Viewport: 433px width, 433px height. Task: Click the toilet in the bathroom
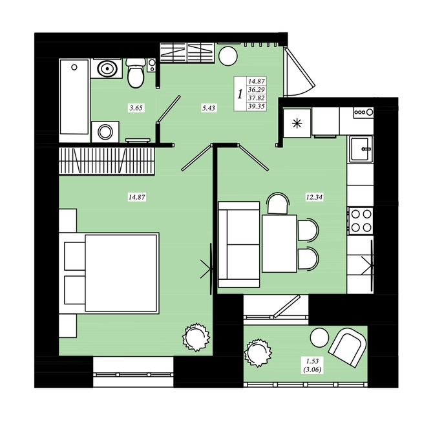(136, 72)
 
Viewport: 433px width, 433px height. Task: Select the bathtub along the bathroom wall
(74, 97)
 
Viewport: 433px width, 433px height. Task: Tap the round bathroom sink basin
(107, 69)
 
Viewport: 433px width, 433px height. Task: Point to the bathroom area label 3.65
(136, 108)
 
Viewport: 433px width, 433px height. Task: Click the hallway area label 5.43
(209, 108)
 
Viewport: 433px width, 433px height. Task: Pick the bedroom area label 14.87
(137, 197)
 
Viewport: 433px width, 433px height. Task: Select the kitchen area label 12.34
(314, 197)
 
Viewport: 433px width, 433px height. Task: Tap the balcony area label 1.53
(312, 361)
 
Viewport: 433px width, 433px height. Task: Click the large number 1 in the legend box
(240, 94)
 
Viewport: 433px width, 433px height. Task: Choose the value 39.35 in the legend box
(257, 107)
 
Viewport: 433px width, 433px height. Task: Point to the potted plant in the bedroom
(196, 337)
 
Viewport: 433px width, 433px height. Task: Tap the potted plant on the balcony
(258, 353)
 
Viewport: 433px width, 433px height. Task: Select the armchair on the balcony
(348, 347)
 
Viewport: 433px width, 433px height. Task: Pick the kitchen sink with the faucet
(361, 149)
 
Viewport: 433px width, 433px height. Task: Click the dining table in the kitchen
(279, 244)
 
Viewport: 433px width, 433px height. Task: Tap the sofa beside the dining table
(239, 244)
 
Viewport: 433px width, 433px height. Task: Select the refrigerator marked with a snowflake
(297, 123)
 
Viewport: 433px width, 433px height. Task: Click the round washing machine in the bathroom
(105, 132)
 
